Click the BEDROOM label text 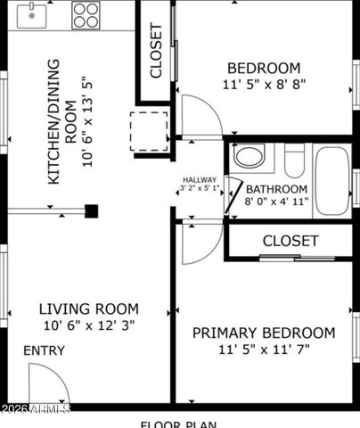coord(263,68)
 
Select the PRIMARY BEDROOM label coord(265,333)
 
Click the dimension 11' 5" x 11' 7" coord(265,350)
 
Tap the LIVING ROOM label coord(88,309)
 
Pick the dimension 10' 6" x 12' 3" coord(88,326)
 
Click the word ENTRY coord(44,350)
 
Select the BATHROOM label coord(277,189)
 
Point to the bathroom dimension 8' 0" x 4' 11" coord(277,203)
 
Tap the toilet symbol coord(295,160)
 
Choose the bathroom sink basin coord(250,158)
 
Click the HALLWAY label coord(200,179)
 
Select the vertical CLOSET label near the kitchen coord(156,52)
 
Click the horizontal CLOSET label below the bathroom coord(290,241)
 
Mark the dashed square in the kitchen coord(148,131)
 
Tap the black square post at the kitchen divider coord(91,211)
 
